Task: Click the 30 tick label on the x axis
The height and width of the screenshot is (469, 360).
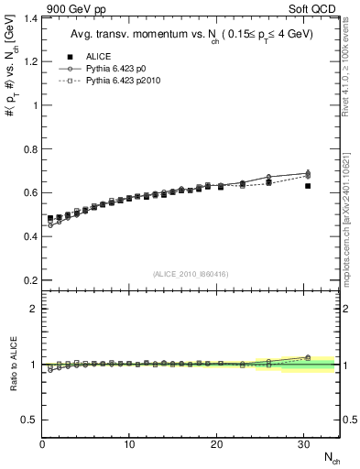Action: [303, 444]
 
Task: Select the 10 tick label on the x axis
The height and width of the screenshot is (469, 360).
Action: [129, 444]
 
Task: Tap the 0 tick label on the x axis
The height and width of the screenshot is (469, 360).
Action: [42, 444]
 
